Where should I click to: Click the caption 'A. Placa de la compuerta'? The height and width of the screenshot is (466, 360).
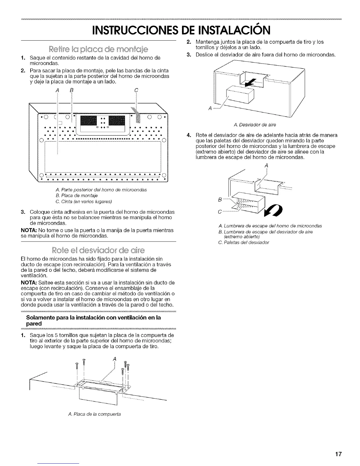pyautogui.click(x=94, y=414)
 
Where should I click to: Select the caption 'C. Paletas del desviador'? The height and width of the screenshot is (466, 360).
pyautogui.click(x=244, y=242)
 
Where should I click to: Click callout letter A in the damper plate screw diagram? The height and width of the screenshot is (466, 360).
pyautogui.click(x=114, y=359)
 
